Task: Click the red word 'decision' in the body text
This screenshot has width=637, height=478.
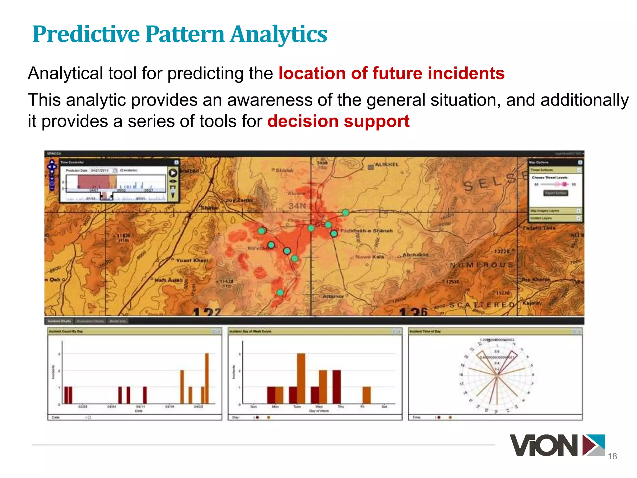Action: tap(303, 121)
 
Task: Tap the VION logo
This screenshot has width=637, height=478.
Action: tap(557, 446)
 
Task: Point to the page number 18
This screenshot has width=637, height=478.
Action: tap(612, 456)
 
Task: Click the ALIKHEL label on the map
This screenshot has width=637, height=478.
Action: tap(387, 164)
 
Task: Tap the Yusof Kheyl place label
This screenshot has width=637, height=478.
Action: tap(192, 260)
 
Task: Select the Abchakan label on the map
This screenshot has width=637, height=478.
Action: tap(415, 255)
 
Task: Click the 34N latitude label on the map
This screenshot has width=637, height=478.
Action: tap(297, 206)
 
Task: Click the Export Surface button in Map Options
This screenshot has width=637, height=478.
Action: tap(556, 193)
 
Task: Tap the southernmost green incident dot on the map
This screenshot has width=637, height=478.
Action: tap(280, 293)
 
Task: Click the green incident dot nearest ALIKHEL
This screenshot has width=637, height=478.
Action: tap(346, 213)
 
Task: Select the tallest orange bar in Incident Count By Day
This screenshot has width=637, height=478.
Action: tap(207, 378)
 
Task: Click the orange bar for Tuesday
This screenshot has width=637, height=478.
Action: tap(301, 378)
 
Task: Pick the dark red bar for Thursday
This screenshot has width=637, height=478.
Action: tap(337, 387)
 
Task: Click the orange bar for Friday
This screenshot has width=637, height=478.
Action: tap(367, 395)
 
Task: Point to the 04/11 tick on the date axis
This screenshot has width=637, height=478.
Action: tap(140, 406)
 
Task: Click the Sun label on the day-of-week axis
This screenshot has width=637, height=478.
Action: tap(253, 406)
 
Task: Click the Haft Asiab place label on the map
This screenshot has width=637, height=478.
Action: tap(168, 280)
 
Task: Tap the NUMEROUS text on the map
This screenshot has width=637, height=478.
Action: tap(481, 265)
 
